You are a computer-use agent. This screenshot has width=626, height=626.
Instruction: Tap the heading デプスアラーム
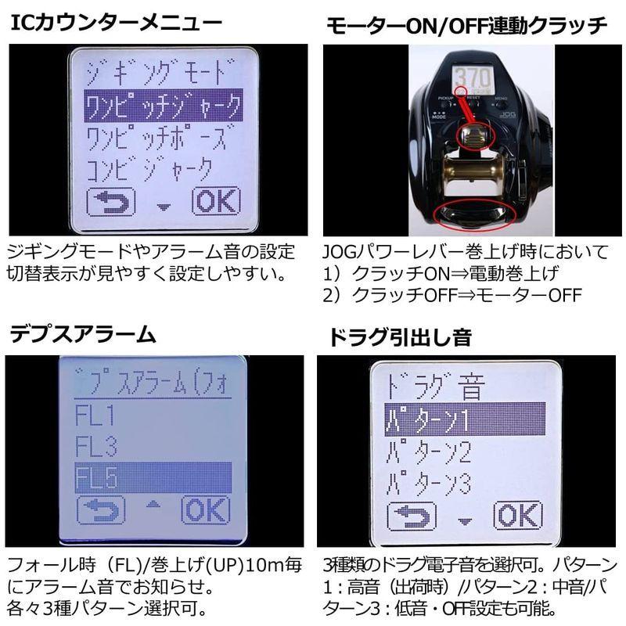(x=83, y=335)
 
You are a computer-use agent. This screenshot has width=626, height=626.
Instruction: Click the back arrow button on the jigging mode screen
(x=110, y=202)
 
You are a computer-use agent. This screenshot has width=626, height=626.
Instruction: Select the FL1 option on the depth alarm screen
(x=95, y=414)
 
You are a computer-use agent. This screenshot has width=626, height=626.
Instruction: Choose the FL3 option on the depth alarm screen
(x=96, y=447)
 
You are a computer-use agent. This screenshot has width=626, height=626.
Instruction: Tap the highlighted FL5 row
(x=153, y=477)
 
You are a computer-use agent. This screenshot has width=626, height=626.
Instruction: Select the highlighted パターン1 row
(x=455, y=421)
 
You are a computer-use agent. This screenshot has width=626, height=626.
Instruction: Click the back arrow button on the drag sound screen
(x=416, y=516)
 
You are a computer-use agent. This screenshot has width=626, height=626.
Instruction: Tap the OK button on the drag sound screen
(x=517, y=516)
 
